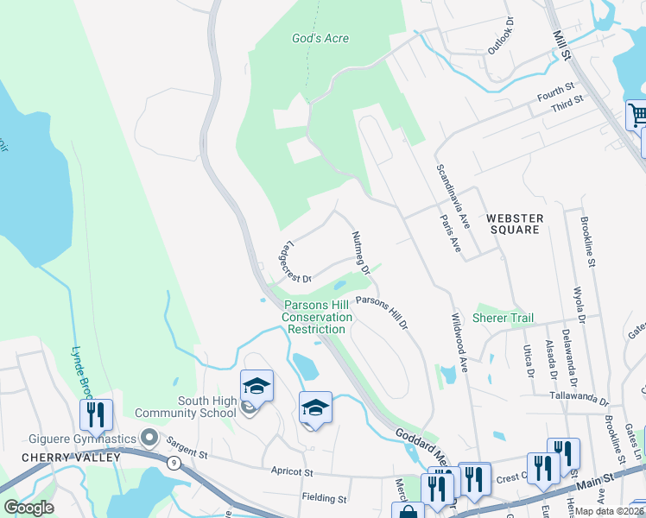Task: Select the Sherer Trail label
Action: pyautogui.click(x=503, y=319)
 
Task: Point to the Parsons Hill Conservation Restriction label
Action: pyautogui.click(x=318, y=317)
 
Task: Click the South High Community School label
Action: pyautogui.click(x=206, y=407)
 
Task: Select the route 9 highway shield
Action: pyautogui.click(x=176, y=463)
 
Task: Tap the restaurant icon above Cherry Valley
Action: pyautogui.click(x=96, y=414)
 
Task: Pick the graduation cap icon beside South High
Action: pyautogui.click(x=256, y=385)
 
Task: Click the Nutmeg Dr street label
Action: pyautogui.click(x=360, y=252)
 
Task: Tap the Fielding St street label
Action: pyautogui.click(x=324, y=498)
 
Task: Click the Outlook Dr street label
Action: pyautogui.click(x=501, y=35)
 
